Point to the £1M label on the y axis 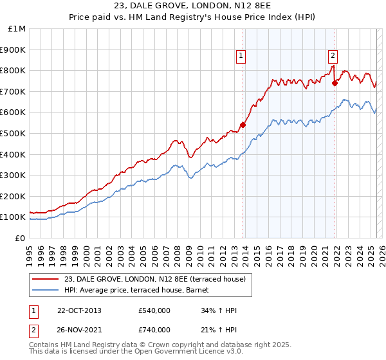point(17,28)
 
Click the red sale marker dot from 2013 point(243,125)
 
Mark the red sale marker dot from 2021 point(335,83)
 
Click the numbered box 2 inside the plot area point(333,55)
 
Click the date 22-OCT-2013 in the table point(79,311)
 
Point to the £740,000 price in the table point(154,330)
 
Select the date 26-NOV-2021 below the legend point(79,330)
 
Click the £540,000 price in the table point(154,311)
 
